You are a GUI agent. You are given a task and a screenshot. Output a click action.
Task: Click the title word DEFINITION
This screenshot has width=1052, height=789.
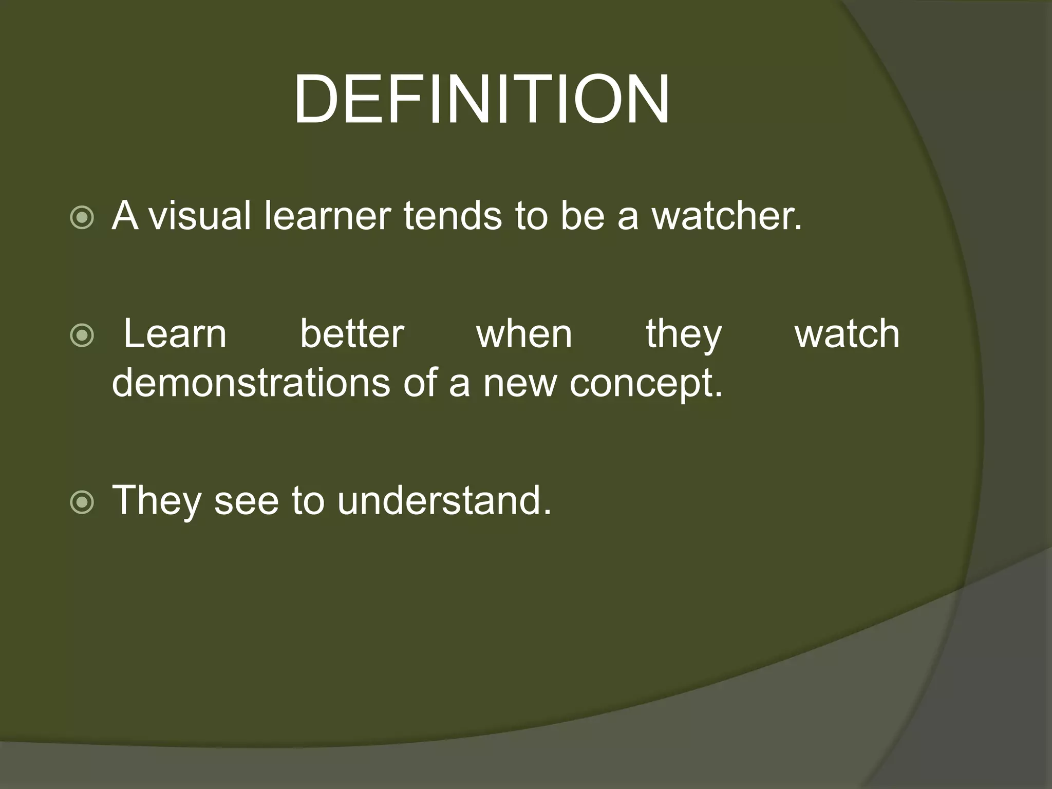click(481, 99)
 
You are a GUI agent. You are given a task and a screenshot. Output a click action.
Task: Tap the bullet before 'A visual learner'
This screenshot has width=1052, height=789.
click(82, 218)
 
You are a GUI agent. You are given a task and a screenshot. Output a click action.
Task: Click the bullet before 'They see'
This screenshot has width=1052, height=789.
click(82, 503)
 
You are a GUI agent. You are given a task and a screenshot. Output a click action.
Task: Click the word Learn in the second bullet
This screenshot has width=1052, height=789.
click(175, 334)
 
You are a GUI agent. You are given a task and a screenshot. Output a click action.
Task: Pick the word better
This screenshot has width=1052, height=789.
click(352, 334)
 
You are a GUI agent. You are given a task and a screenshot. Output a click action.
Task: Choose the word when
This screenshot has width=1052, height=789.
click(524, 334)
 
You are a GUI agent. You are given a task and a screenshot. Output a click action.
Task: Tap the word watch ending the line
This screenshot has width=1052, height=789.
click(847, 334)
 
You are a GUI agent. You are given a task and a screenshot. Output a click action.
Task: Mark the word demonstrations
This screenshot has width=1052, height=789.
click(251, 383)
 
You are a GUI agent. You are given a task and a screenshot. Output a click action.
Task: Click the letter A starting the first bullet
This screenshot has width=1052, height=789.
click(125, 216)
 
